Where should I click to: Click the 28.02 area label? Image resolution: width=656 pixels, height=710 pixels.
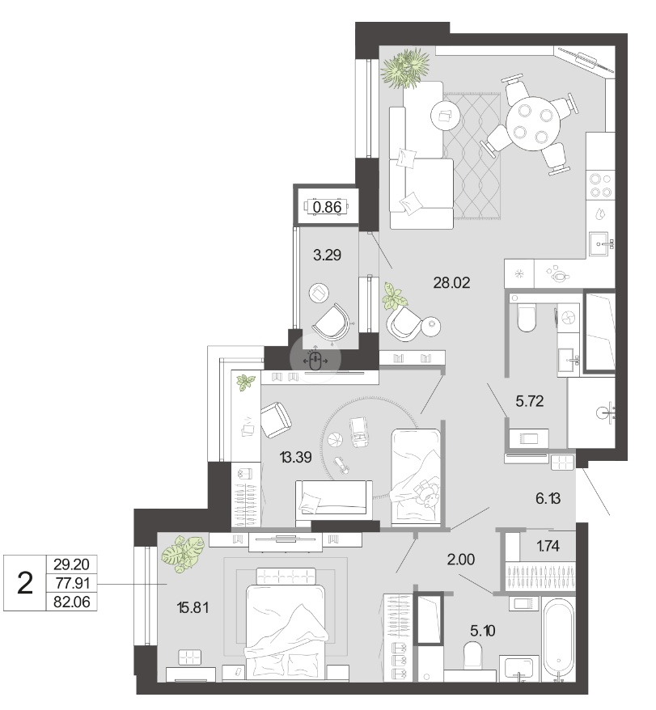tap(451, 283)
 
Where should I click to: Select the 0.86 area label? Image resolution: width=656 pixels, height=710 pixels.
tap(327, 207)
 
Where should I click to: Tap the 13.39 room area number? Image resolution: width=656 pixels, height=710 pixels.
tap(296, 458)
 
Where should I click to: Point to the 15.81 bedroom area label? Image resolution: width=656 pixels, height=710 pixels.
tap(193, 607)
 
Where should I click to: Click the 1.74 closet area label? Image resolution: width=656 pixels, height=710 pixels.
tap(548, 546)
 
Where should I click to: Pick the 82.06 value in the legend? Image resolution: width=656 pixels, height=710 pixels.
tap(71, 602)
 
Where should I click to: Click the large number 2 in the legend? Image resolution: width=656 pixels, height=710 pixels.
tap(25, 583)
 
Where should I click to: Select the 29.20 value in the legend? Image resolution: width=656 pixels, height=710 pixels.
tap(71, 564)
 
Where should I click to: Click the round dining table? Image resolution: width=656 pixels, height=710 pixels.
tap(533, 122)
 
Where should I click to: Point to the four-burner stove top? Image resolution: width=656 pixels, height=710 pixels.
tap(601, 185)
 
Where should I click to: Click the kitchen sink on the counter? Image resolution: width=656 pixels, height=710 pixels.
tap(601, 244)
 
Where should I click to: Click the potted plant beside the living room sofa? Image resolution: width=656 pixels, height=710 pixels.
tap(405, 68)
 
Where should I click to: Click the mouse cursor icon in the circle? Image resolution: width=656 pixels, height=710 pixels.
tap(315, 361)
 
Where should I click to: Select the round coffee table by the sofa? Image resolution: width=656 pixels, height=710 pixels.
tap(445, 115)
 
